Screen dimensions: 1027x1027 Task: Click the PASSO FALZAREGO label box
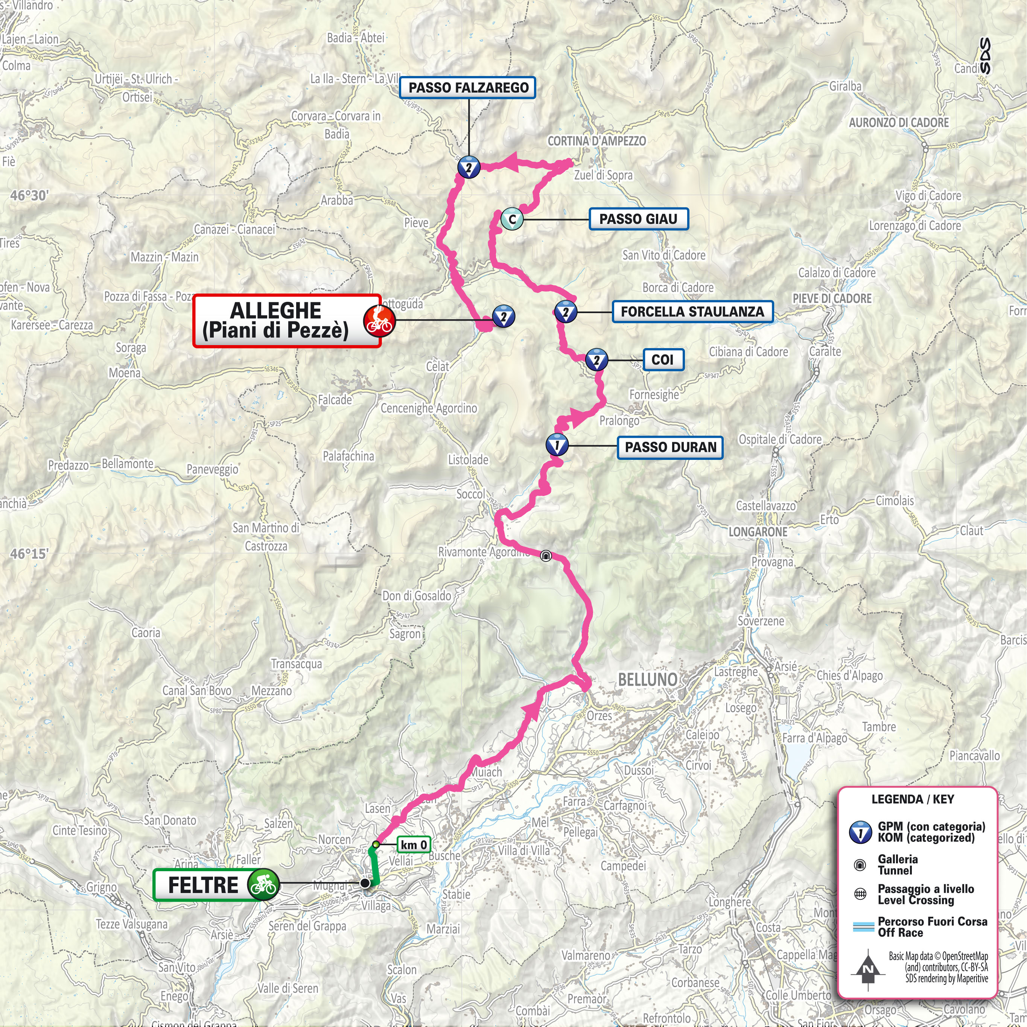click(x=468, y=88)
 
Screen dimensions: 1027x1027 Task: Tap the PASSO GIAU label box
click(x=638, y=219)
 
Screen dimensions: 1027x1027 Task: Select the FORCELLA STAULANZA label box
click(x=692, y=312)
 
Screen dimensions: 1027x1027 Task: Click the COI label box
click(x=662, y=360)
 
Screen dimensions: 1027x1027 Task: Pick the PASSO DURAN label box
click(x=670, y=447)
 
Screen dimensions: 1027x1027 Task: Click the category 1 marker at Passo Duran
click(x=557, y=446)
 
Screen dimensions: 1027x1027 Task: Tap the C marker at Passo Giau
click(x=512, y=219)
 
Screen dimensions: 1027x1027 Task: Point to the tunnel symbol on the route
click(x=545, y=556)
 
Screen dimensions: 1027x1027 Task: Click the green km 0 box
click(x=414, y=845)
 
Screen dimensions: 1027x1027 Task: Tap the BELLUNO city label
click(x=647, y=679)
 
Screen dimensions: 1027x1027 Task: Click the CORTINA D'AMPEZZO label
click(x=596, y=141)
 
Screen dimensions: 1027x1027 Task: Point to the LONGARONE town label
click(x=758, y=532)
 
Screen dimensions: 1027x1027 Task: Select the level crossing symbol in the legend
click(x=860, y=894)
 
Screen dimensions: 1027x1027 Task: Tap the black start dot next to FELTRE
click(x=365, y=883)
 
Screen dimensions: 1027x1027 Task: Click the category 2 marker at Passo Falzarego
click(x=469, y=167)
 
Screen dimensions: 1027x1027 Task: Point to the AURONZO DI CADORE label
click(x=898, y=123)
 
